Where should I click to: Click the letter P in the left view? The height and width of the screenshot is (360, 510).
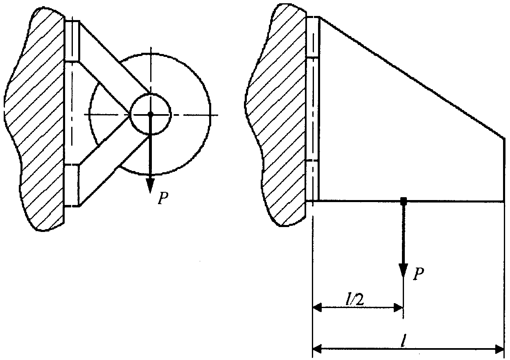(163, 198)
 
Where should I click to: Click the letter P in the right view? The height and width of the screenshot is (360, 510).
(418, 273)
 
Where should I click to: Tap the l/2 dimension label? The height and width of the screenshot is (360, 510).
(355, 300)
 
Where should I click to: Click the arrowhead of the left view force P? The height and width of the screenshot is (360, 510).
(150, 185)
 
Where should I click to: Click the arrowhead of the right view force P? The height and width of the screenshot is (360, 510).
(403, 270)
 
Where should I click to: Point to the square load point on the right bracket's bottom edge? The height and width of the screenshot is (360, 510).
(404, 201)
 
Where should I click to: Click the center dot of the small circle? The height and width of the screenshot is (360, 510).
(151, 114)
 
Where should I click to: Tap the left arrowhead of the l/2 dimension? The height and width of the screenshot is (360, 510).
(317, 308)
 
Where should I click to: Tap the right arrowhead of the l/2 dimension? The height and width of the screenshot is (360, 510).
(399, 308)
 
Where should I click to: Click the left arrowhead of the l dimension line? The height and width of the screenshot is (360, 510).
(317, 349)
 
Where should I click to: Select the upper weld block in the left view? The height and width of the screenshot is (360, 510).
(72, 41)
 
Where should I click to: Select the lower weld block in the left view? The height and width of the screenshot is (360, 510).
(72, 185)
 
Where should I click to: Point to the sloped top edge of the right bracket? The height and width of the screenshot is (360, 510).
(412, 77)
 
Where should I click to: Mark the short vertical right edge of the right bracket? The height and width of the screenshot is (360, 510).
(503, 169)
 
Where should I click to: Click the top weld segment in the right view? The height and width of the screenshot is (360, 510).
(313, 37)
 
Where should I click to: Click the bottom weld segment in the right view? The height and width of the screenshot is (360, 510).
(312, 181)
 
